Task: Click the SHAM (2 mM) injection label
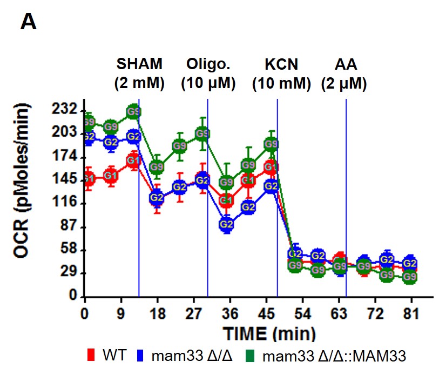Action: (x=139, y=73)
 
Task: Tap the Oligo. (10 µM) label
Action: (x=208, y=73)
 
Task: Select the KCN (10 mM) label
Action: (x=281, y=73)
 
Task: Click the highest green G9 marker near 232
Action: (x=134, y=112)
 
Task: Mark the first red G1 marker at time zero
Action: (x=89, y=179)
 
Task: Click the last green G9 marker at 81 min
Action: (x=410, y=277)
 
